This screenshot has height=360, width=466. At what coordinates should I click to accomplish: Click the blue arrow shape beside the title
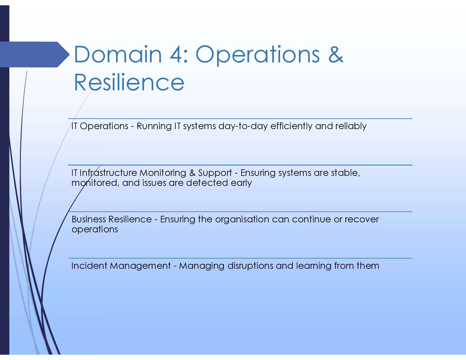[34, 54]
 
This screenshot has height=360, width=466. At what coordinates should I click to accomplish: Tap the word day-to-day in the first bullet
[243, 126]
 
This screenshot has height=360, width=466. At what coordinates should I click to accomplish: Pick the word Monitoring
[163, 173]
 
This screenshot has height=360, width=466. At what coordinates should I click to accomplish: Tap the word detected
[207, 183]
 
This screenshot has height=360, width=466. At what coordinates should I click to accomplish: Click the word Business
[89, 219]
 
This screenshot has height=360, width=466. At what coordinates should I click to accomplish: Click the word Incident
[89, 266]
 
